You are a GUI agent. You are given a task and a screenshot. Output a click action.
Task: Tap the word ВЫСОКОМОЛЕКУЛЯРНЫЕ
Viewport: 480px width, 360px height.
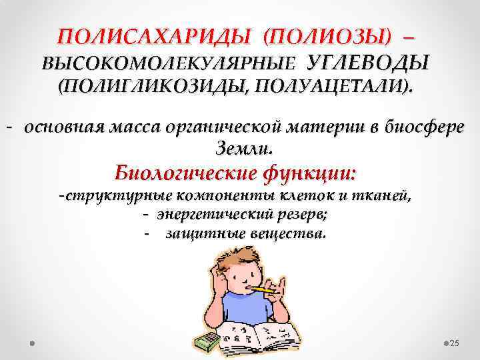[167, 63]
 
